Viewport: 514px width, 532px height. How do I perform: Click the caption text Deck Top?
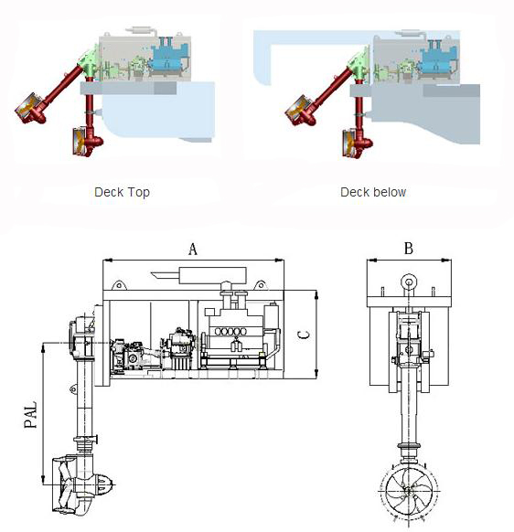pos(122,192)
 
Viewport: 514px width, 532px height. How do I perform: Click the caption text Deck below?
pos(372,192)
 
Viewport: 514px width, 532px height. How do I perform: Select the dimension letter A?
pos(192,248)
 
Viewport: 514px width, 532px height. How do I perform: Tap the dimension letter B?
pos(408,248)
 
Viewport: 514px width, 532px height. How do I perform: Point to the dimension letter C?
pos(305,335)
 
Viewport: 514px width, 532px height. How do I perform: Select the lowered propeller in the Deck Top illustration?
pos(80,142)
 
